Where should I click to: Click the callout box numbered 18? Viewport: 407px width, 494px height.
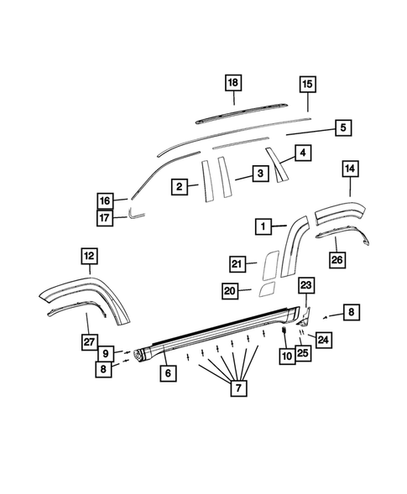tap(232, 81)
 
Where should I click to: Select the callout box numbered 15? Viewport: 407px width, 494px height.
tap(307, 84)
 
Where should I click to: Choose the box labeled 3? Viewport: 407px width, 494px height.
tap(260, 174)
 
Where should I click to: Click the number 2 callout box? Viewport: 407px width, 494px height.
tap(179, 188)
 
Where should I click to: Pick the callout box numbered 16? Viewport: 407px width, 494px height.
tap(105, 201)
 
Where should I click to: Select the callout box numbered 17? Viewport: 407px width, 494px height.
tap(105, 218)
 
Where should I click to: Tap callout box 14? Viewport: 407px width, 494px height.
tap(349, 169)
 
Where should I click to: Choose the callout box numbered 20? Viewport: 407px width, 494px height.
tap(230, 290)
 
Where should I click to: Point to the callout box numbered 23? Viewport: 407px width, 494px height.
tap(305, 285)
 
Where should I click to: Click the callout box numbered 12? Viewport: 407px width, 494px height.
tap(89, 254)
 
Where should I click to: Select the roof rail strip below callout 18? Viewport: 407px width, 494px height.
tap(239, 110)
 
